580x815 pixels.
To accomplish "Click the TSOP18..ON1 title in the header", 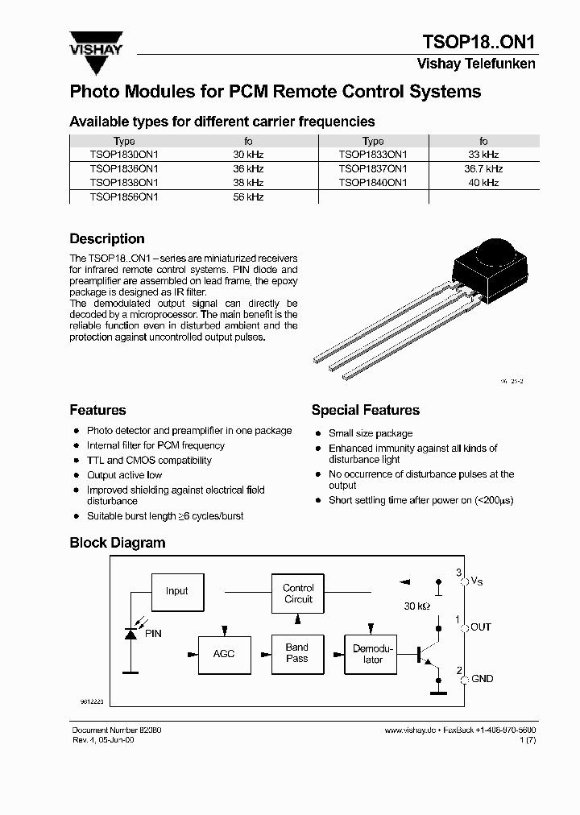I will (479, 42).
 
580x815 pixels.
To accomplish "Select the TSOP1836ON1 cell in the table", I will (124, 169).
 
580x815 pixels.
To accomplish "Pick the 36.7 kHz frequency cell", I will (483, 169).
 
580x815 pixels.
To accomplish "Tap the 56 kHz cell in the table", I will (248, 197).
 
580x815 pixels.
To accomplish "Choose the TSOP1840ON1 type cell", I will (373, 183).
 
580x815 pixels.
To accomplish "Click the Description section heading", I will (107, 239).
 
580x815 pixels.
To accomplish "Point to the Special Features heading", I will (365, 411).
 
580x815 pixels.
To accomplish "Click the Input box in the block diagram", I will (176, 591).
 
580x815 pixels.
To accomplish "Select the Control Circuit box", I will (298, 594).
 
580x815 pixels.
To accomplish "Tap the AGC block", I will (224, 653).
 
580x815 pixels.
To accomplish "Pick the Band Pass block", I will (297, 653).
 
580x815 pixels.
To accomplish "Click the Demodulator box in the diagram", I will (373, 653).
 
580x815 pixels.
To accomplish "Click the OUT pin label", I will (481, 627).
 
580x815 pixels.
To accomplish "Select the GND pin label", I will (482, 679).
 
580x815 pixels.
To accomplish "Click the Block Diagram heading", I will (118, 543).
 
